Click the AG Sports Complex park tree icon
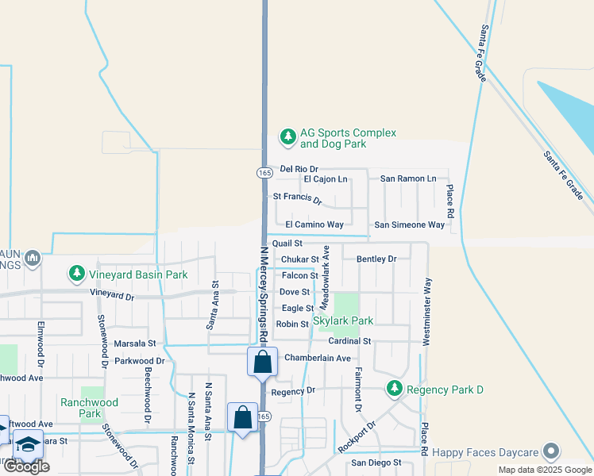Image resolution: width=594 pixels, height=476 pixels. click(287, 139)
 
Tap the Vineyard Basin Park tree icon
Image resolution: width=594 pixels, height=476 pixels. click(77, 274)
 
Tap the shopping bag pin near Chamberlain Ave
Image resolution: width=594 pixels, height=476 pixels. click(262, 363)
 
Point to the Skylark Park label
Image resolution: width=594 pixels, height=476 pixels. click(342, 321)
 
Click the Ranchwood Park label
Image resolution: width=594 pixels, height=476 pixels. click(90, 408)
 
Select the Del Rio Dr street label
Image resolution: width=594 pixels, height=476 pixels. click(299, 169)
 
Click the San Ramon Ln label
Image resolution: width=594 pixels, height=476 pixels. click(408, 178)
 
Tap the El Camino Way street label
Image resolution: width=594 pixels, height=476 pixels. click(314, 225)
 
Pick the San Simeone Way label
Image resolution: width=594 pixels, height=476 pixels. click(410, 225)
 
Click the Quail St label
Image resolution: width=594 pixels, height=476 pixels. click(287, 244)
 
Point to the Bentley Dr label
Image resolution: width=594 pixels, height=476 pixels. click(376, 259)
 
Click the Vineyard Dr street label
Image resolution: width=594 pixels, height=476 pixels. click(112, 295)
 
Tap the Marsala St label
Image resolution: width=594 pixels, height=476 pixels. click(135, 344)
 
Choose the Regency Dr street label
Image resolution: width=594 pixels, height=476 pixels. click(293, 391)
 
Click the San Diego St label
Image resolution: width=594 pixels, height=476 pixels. click(377, 463)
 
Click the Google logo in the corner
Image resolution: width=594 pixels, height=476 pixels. click(26, 466)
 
